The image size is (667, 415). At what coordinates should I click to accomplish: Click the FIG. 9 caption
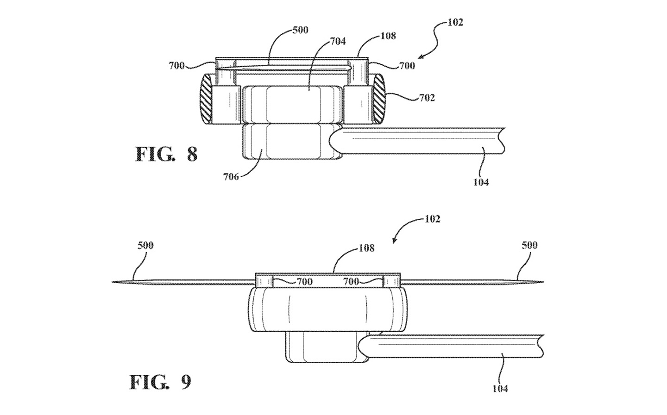point(160,382)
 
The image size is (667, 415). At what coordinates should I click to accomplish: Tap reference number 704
point(338,41)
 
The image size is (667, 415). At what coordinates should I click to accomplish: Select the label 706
point(231,177)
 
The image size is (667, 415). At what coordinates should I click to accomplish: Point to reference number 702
point(427,98)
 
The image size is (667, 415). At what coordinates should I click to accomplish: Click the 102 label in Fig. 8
point(455,23)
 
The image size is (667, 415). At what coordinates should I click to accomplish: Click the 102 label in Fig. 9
point(432,219)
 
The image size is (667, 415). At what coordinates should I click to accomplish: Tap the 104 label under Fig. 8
point(481,182)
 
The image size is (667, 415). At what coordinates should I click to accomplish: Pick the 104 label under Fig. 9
point(500,389)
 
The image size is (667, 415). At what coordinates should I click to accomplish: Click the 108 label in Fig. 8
point(388,36)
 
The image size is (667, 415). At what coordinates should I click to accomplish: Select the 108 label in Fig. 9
point(366,248)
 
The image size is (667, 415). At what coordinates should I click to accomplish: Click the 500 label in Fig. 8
point(301,30)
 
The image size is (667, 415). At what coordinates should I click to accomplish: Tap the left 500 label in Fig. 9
point(145,245)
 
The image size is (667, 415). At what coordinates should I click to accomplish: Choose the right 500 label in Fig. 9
point(529,245)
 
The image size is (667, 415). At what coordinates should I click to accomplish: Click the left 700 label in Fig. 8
point(177,66)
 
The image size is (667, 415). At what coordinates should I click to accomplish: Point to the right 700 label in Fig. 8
point(407,66)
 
